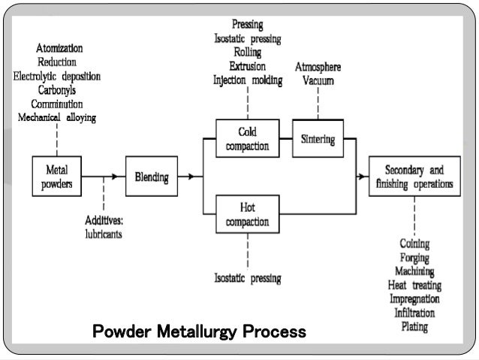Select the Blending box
click(x=151, y=177)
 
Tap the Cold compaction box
click(x=247, y=140)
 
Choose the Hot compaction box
click(x=247, y=216)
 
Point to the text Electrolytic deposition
click(x=57, y=76)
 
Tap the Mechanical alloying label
click(x=56, y=117)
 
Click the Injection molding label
click(x=248, y=80)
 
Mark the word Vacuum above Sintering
click(x=318, y=80)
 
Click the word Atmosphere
click(x=318, y=67)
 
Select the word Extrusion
click(x=247, y=66)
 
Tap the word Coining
click(x=414, y=244)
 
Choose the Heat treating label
click(x=414, y=286)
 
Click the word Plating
click(x=414, y=326)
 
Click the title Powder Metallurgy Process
click(x=198, y=331)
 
